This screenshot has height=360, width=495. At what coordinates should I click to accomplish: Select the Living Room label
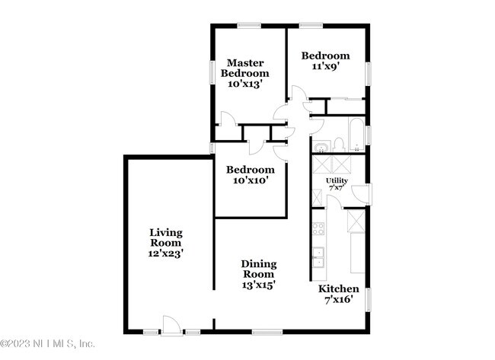(165, 237)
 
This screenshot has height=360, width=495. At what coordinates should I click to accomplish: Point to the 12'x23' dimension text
(165, 253)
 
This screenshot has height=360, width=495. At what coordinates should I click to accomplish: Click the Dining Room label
(259, 269)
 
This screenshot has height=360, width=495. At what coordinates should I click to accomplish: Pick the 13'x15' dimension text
(259, 285)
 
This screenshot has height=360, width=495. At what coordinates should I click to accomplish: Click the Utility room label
(337, 180)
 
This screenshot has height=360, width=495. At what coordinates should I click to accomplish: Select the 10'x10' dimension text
(249, 180)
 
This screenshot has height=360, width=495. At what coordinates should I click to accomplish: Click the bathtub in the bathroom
(356, 135)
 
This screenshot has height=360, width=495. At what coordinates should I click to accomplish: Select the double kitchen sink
(318, 256)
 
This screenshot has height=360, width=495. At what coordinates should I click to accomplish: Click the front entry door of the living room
(172, 326)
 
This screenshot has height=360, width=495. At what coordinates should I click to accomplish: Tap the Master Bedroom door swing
(227, 119)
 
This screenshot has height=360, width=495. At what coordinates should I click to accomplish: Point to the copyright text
(47, 343)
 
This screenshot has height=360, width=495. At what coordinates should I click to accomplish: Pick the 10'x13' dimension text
(244, 84)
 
